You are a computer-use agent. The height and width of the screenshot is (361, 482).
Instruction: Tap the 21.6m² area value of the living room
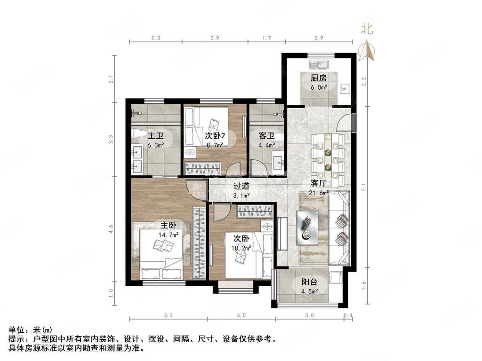(319, 193)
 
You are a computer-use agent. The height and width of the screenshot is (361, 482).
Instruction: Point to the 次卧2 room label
(215, 136)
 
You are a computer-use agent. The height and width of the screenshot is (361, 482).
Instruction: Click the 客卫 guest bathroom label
(266, 136)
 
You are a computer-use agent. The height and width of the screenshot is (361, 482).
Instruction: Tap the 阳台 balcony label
(309, 282)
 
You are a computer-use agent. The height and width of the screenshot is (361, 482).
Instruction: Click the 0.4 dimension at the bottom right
(348, 315)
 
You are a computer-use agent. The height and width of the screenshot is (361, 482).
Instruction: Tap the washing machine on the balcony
(336, 279)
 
